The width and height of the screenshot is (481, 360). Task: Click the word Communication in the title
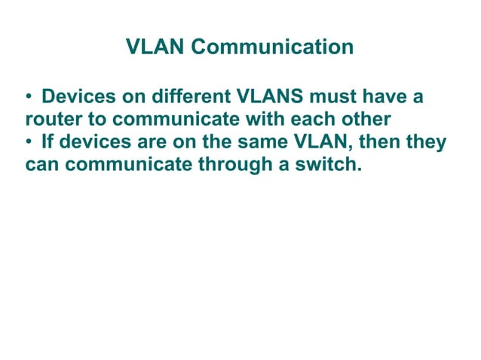pyautogui.click(x=273, y=48)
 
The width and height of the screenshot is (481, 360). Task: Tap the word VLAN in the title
pyautogui.click(x=156, y=48)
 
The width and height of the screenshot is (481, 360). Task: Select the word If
pyautogui.click(x=48, y=142)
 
